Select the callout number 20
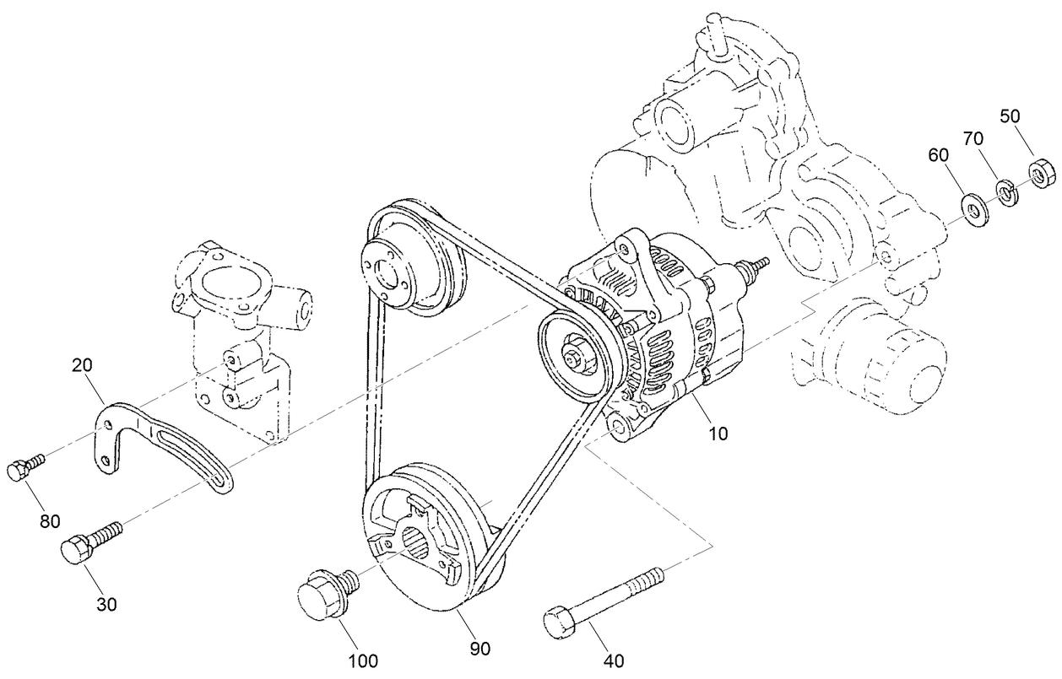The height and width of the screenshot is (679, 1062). pyautogui.click(x=82, y=366)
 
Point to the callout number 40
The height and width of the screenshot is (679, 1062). pyautogui.click(x=614, y=660)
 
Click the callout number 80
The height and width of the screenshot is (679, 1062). pyautogui.click(x=50, y=520)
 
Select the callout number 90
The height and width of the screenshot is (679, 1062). pyautogui.click(x=480, y=648)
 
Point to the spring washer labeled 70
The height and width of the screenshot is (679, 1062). pyautogui.click(x=1006, y=191)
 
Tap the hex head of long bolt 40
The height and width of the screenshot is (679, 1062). pyautogui.click(x=559, y=624)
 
